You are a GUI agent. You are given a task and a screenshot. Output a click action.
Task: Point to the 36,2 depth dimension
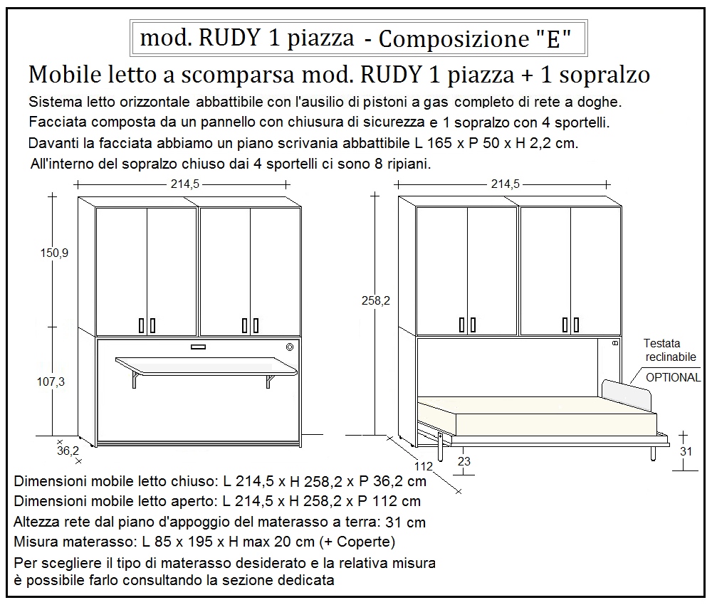click(x=68, y=451)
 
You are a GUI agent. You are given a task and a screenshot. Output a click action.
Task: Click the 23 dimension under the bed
click(x=464, y=461)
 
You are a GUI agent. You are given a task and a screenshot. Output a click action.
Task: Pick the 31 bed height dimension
click(x=686, y=451)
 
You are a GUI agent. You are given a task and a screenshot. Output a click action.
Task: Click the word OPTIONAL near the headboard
click(x=673, y=377)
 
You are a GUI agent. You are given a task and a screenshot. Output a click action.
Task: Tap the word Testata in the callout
click(x=661, y=343)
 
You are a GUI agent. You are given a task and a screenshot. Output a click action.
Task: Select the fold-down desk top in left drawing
click(x=206, y=366)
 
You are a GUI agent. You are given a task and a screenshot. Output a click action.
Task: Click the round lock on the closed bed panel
click(x=290, y=347)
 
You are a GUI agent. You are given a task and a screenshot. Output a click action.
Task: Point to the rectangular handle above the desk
click(x=198, y=347)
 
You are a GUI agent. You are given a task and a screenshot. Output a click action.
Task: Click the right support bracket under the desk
click(x=270, y=381)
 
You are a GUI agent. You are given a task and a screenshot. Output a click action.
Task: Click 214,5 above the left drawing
click(x=184, y=184)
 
